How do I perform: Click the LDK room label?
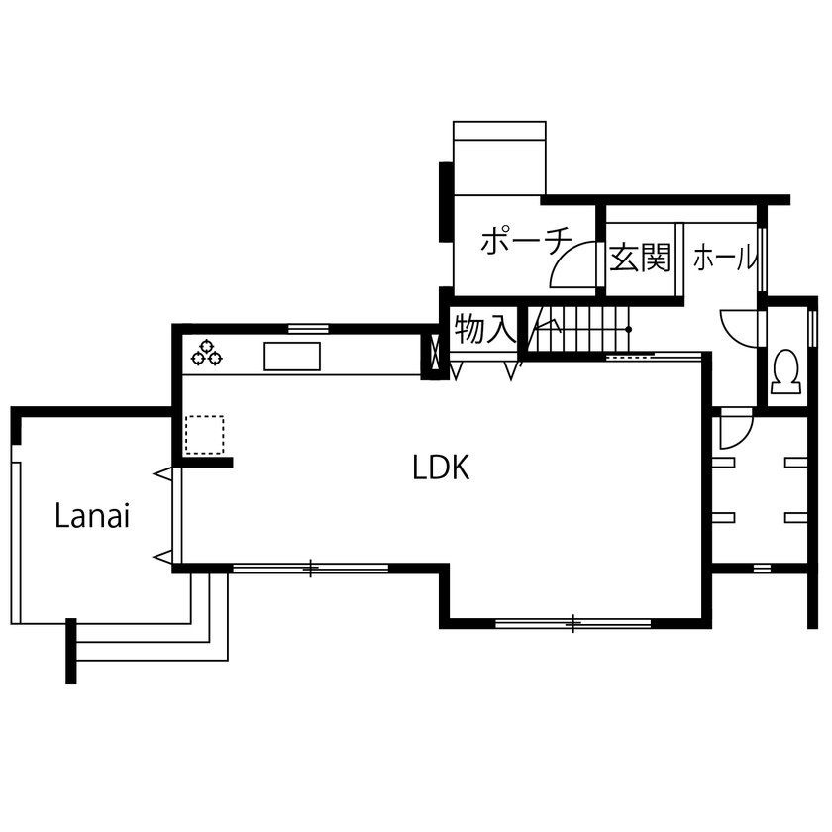pyautogui.click(x=441, y=468)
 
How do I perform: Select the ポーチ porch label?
pyautogui.click(x=526, y=242)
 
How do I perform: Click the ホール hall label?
pyautogui.click(x=724, y=260)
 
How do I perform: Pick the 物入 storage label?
pyautogui.click(x=484, y=330)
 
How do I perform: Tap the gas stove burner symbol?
pyautogui.click(x=207, y=351)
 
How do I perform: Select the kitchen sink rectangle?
pyautogui.click(x=292, y=356)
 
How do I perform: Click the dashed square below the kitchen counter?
pyautogui.click(x=205, y=434)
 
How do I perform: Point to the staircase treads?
pyautogui.click(x=579, y=329)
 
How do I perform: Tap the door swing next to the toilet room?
pyautogui.click(x=738, y=327)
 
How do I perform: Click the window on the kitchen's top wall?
pyautogui.click(x=308, y=328)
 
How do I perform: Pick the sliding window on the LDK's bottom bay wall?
pyautogui.click(x=572, y=623)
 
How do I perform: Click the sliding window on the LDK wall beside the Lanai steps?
pyautogui.click(x=310, y=568)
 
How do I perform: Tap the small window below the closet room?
pyautogui.click(x=760, y=568)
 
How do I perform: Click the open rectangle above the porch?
pyautogui.click(x=499, y=158)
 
